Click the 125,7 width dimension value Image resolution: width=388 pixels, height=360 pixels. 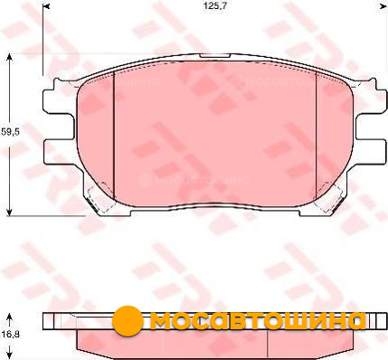point(214,6)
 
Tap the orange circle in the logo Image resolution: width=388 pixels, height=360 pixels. point(128,321)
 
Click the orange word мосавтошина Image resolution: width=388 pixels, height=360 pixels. point(258,321)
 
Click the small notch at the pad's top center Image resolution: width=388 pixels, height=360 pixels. point(215,56)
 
